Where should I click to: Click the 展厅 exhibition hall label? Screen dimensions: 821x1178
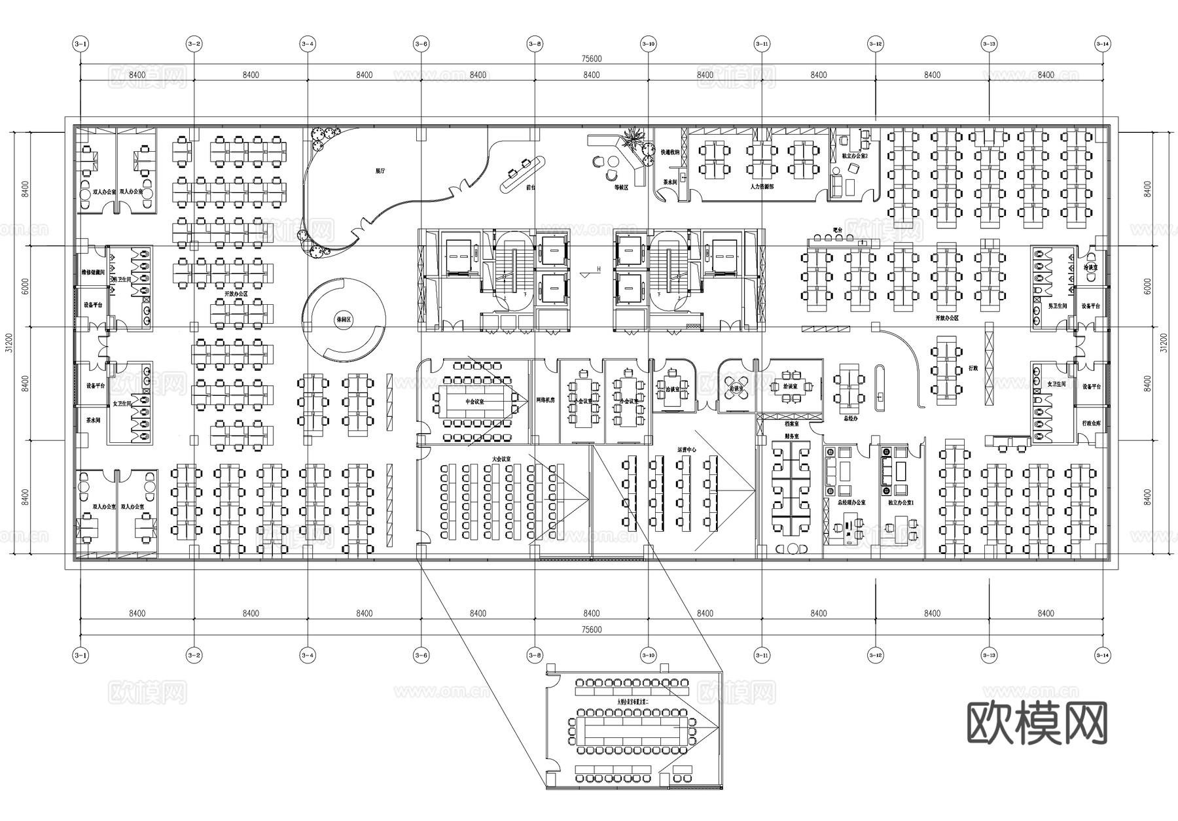coord(380,170)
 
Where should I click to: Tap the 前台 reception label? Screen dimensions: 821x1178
coord(531,187)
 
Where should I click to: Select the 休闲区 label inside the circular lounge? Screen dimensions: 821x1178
coord(343,320)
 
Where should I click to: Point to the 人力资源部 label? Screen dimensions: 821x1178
coord(762,186)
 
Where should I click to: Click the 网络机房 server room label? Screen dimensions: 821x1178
coord(545,400)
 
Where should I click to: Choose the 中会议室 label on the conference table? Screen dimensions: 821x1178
coord(475,401)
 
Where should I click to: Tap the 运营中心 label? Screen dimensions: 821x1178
coord(687,449)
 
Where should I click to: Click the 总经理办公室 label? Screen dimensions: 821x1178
coord(851,502)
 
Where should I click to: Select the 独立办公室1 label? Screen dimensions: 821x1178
coord(901,502)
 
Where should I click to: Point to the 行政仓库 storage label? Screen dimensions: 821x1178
coord(1091,423)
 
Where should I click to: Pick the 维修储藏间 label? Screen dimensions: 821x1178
coord(93,271)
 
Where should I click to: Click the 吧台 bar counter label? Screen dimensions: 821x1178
coord(838,230)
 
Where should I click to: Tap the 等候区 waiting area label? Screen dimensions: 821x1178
coord(620,187)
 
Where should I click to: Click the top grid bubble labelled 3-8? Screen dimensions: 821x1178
coord(535,44)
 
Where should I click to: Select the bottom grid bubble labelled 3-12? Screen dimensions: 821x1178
coord(875,654)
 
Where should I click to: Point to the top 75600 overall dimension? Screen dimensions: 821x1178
coord(591,59)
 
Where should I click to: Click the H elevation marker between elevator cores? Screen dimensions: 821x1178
coord(598,269)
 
